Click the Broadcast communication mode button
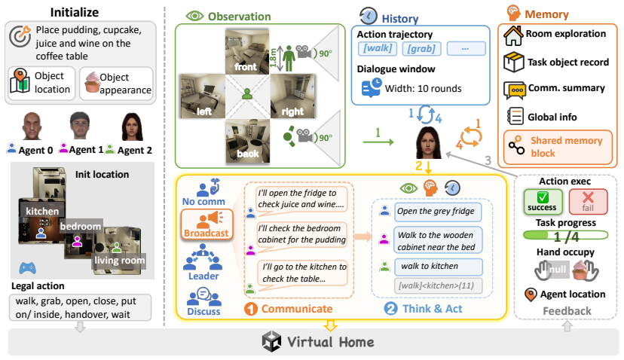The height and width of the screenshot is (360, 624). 206,224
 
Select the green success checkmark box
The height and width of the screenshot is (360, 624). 543,202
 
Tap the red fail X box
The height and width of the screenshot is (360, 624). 588,202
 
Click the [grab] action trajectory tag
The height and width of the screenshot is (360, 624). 421,48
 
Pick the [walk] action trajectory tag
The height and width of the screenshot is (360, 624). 378,48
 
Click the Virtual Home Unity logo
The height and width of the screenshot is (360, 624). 271,342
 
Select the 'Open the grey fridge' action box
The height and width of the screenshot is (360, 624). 437,212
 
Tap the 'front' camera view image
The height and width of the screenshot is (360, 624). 247,51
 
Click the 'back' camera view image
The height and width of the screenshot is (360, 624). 247,142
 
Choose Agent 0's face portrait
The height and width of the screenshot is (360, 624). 32,126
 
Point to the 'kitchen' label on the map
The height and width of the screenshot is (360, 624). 42,211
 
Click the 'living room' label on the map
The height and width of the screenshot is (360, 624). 119,261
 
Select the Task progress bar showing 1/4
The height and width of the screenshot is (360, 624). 565,236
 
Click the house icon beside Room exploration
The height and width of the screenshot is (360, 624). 513,35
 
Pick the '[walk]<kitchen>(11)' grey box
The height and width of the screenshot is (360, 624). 438,285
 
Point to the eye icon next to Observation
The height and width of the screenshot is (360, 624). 194,16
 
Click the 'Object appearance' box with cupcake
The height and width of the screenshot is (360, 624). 116,84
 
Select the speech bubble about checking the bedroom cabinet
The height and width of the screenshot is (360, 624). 302,234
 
